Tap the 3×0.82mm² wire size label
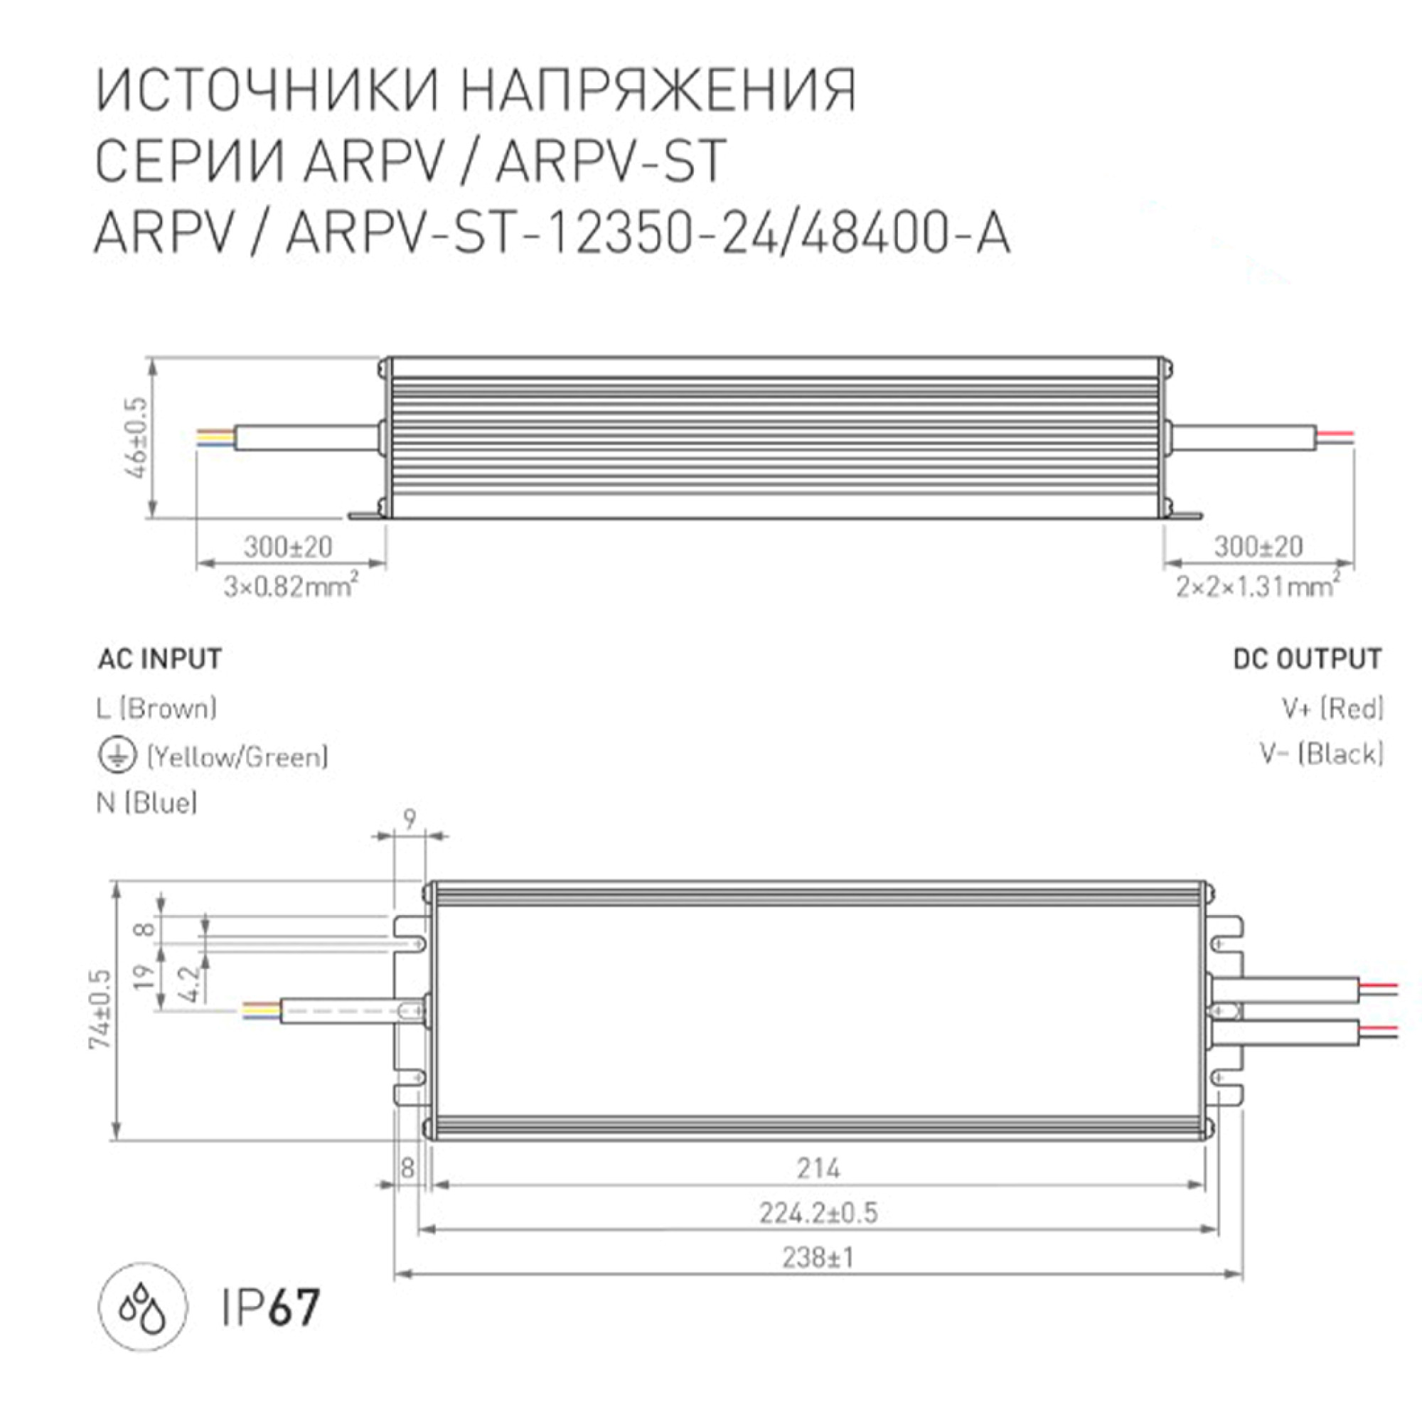coord(292,587)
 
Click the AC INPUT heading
coord(160,659)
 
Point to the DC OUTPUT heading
coord(1308,659)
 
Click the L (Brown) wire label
coord(156,708)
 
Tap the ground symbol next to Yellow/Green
coord(117,756)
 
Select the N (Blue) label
coord(147,802)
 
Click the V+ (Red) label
coord(1333,708)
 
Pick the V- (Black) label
coord(1322,754)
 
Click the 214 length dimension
coord(818,1168)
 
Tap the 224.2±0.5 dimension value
coord(818,1213)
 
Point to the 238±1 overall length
coord(818,1258)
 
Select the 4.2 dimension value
coord(189,984)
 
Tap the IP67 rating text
coord(271,1308)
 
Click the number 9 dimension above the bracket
coord(410,818)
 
